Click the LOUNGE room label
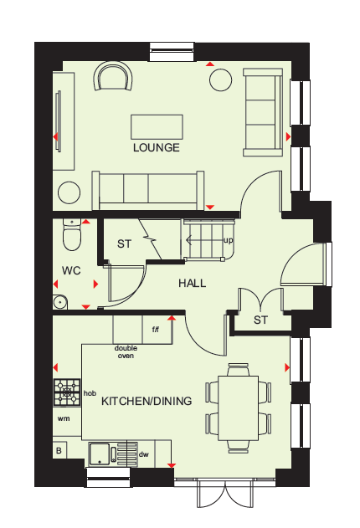(x=157, y=147)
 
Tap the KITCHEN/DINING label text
(x=147, y=401)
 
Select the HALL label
(x=193, y=283)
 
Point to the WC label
(x=71, y=270)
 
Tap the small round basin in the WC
(x=60, y=302)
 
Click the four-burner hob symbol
(x=67, y=392)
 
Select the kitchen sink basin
(x=99, y=454)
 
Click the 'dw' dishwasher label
(x=144, y=454)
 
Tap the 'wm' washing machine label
(x=64, y=418)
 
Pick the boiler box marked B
(x=59, y=450)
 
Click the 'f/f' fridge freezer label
(x=155, y=330)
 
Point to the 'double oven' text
(x=126, y=352)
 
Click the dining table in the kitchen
(x=239, y=408)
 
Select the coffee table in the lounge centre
(x=157, y=127)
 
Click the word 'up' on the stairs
(x=228, y=240)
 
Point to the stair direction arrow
(x=202, y=240)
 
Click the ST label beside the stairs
(x=124, y=243)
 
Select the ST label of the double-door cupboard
(x=261, y=320)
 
